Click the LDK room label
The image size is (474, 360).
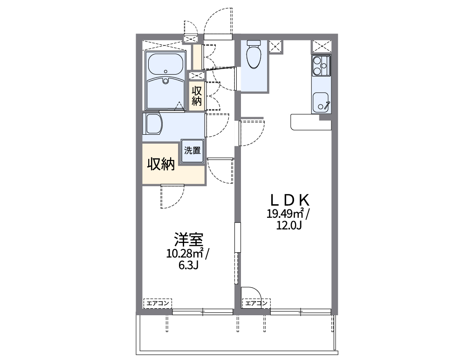click(290, 200)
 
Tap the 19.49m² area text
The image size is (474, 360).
click(285, 214)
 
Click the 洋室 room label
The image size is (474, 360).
click(188, 240)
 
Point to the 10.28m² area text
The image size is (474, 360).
click(185, 254)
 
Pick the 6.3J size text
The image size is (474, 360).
click(189, 266)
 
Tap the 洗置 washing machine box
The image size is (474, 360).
click(192, 152)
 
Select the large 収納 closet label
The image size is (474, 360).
click(161, 164)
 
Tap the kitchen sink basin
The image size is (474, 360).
click(320, 102)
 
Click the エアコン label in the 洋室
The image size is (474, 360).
click(158, 304)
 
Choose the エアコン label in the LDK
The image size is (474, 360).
click(256, 304)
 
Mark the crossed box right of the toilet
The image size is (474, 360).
click(276, 47)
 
